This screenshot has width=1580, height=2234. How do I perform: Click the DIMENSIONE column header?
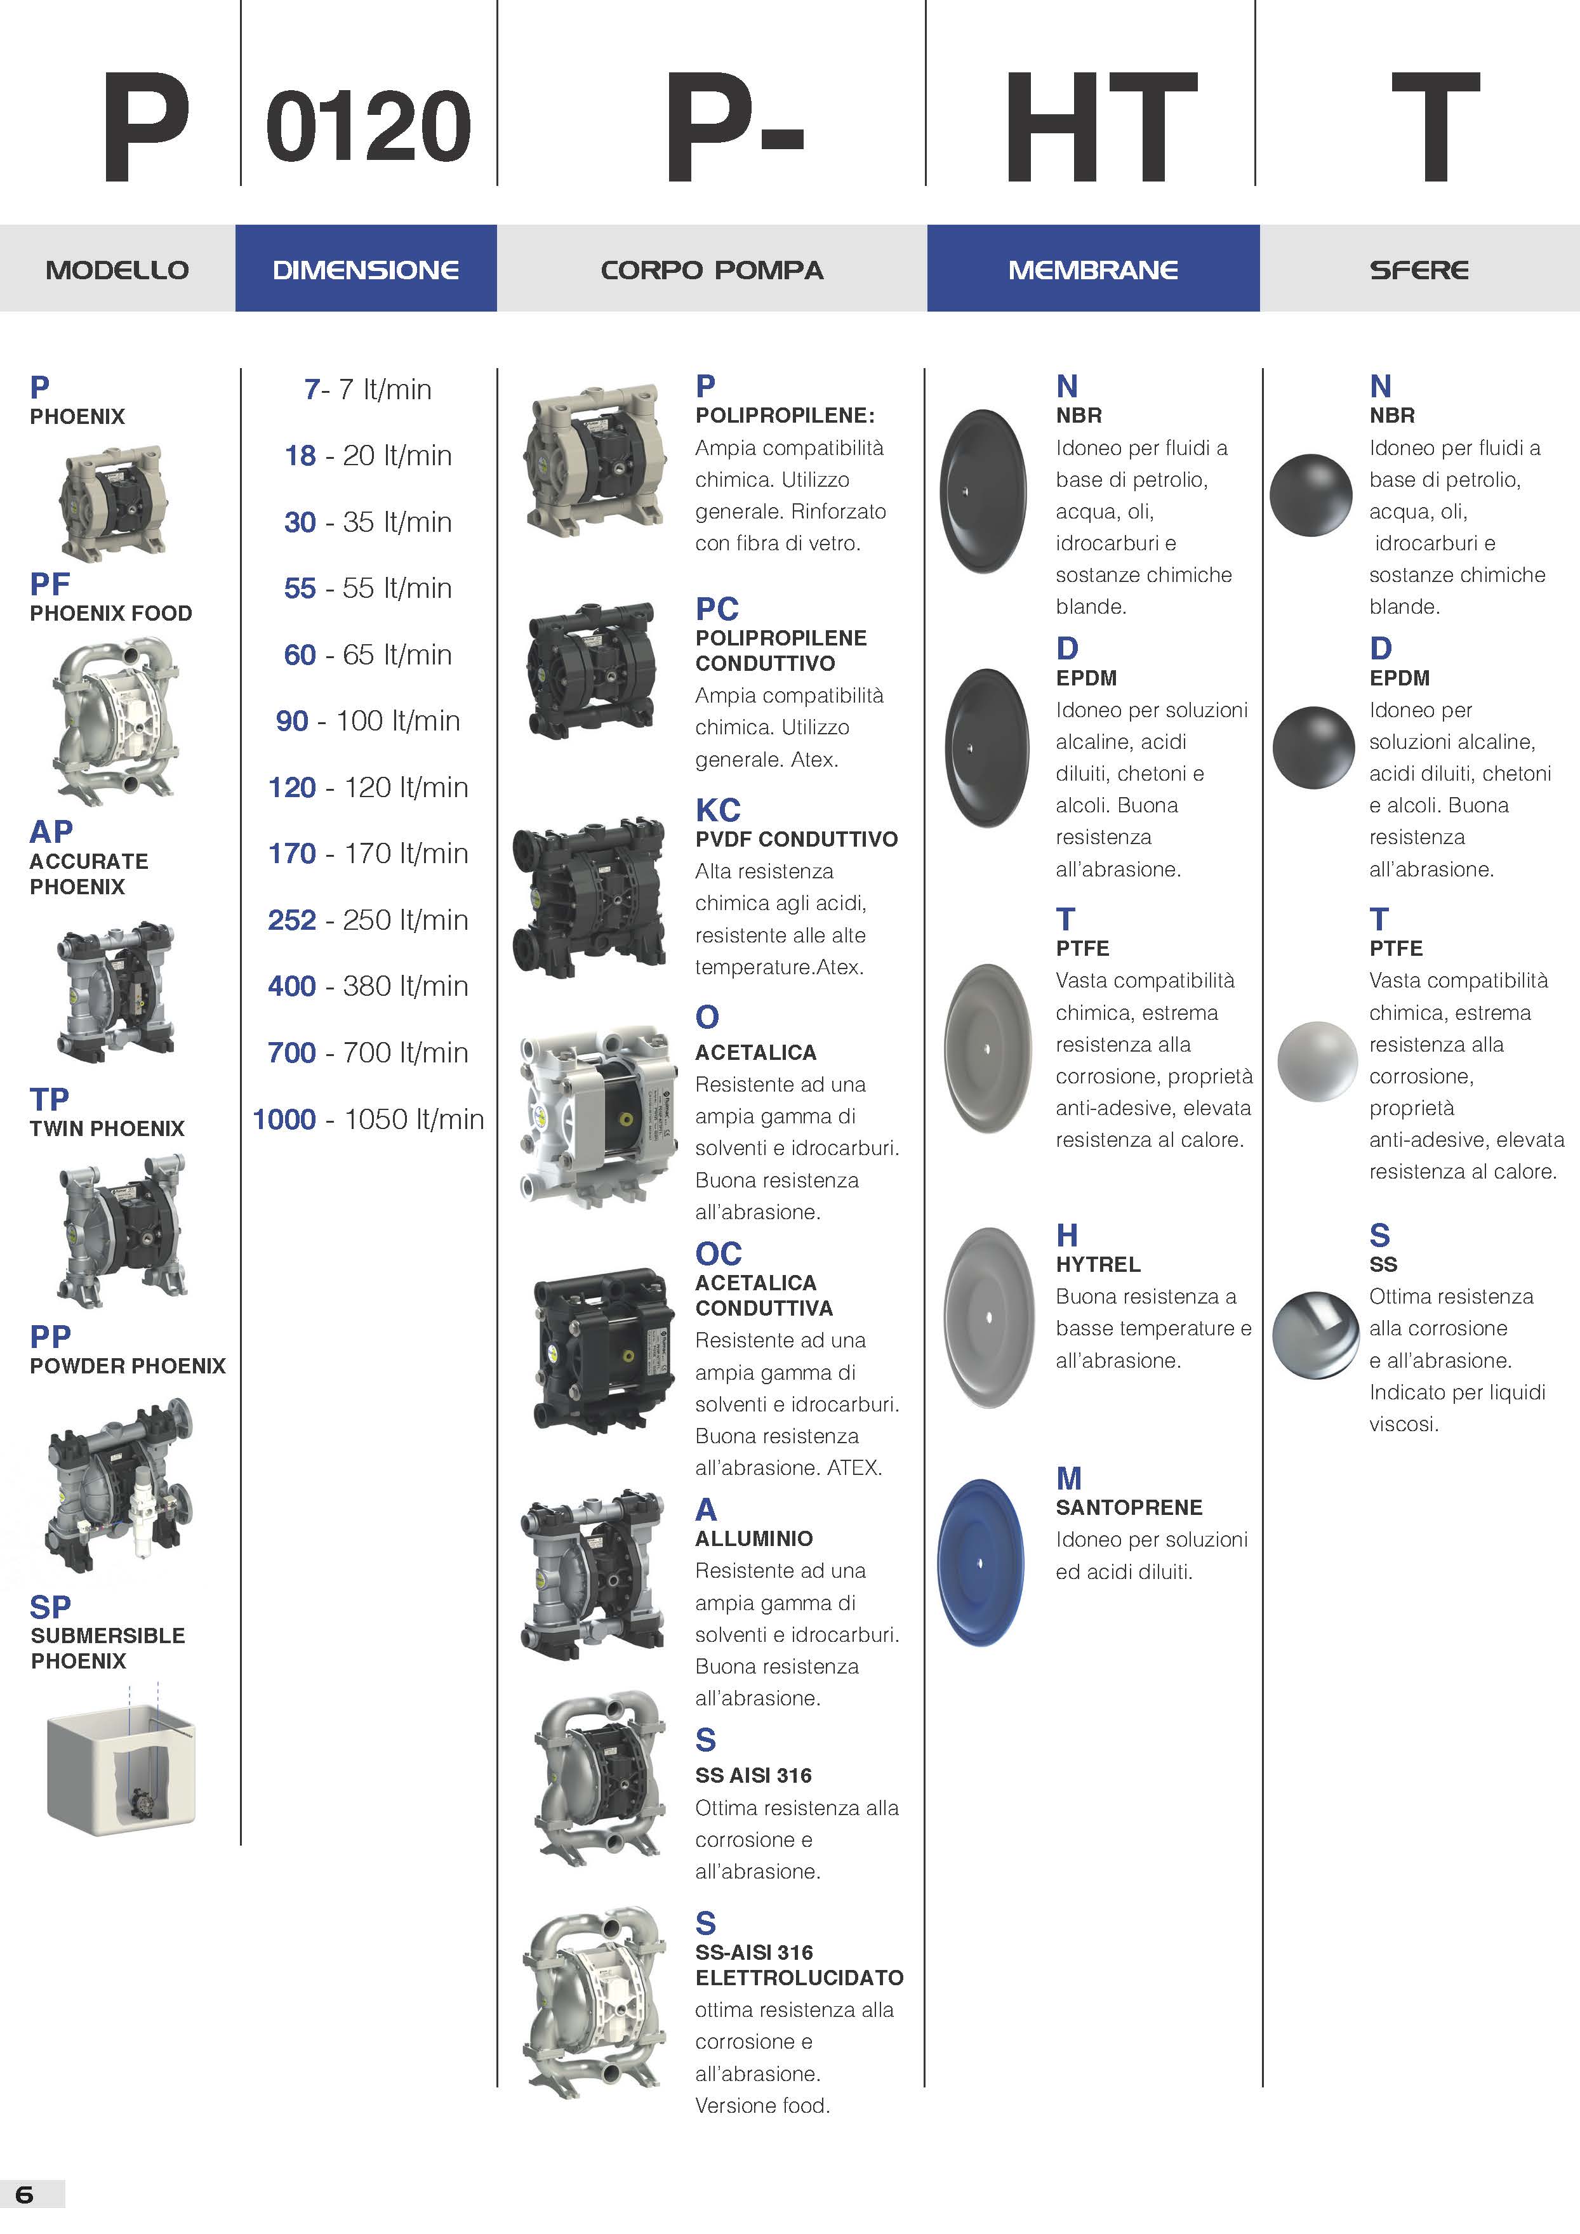(x=366, y=270)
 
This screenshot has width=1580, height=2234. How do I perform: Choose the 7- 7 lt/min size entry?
(x=368, y=389)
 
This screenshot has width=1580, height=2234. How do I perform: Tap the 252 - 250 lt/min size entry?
(x=368, y=920)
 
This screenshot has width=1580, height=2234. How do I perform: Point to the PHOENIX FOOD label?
(x=111, y=613)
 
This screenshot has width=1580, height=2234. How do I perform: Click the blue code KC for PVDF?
(x=718, y=810)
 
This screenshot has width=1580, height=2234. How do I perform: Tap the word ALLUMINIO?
(x=754, y=1538)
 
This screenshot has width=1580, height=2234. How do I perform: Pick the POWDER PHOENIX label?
(x=128, y=1366)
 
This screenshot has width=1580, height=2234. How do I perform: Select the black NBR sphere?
(x=1310, y=494)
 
